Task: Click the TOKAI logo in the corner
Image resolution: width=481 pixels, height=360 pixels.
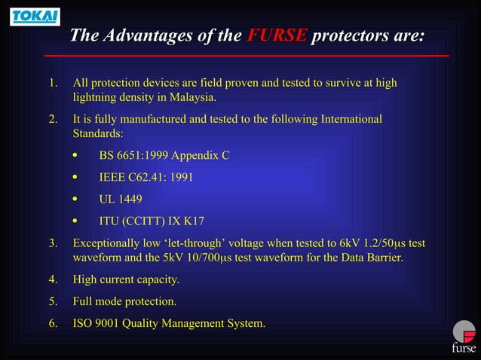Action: pyautogui.click(x=35, y=17)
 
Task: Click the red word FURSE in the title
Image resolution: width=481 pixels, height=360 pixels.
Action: pyautogui.click(x=277, y=36)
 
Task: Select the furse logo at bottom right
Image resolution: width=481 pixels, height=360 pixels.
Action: pyautogui.click(x=463, y=337)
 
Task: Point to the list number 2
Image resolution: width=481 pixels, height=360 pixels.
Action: pyautogui.click(x=53, y=119)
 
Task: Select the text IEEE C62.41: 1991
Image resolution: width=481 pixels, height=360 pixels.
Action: pyautogui.click(x=146, y=178)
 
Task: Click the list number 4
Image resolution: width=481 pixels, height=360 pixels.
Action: pyautogui.click(x=53, y=280)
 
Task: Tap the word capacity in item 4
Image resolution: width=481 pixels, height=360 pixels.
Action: pyautogui.click(x=158, y=280)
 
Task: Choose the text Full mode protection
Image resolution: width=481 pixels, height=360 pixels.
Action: pyautogui.click(x=124, y=302)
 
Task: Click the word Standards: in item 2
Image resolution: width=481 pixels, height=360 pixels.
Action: pyautogui.click(x=98, y=134)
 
